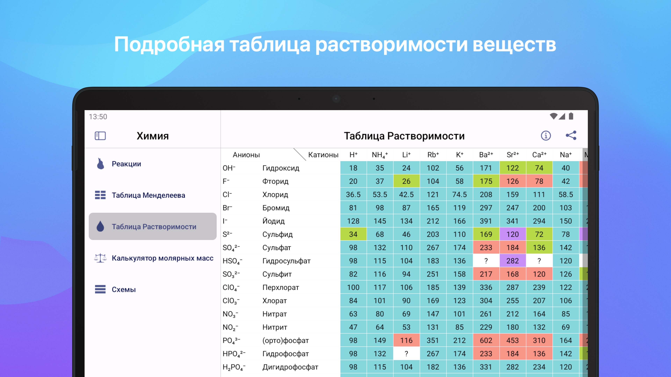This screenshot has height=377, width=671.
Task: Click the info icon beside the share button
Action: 546,136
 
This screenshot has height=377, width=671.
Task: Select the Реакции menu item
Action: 126,164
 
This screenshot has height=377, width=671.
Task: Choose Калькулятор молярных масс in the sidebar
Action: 163,258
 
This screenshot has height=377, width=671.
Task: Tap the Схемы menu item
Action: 124,290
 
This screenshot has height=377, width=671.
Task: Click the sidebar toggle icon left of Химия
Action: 100,136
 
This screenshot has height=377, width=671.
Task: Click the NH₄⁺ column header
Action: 380,155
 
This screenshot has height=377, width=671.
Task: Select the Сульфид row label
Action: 277,234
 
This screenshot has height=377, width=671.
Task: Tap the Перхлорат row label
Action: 280,287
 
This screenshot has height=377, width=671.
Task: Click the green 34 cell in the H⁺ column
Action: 353,234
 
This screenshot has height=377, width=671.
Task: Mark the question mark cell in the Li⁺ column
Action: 406,354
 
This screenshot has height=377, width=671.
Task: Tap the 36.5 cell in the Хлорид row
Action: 353,194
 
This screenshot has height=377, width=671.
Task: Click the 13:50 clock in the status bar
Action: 98,117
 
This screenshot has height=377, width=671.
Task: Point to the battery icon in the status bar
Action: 571,116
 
